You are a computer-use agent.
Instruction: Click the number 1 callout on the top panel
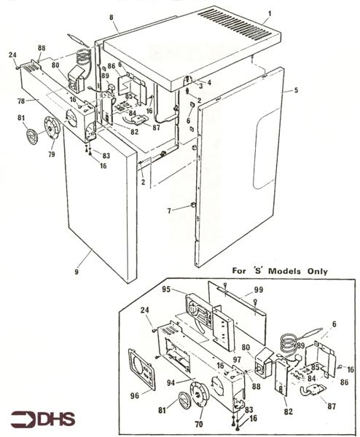pyautogui.click(x=269, y=14)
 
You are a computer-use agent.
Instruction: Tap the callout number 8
pyautogui.click(x=111, y=16)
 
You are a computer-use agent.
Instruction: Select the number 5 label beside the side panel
pyautogui.click(x=296, y=90)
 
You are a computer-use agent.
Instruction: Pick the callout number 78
pyautogui.click(x=21, y=100)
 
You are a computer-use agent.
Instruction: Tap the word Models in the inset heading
pyautogui.click(x=275, y=272)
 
